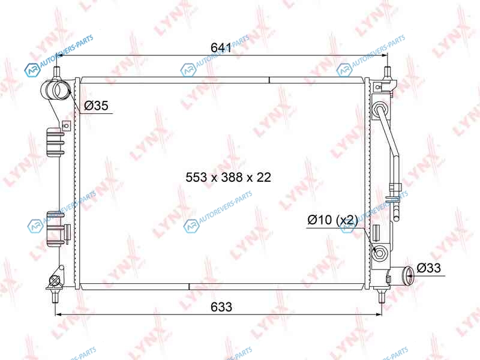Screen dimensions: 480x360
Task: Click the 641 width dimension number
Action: coord(221,47)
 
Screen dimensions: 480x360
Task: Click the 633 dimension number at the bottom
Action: coord(221,307)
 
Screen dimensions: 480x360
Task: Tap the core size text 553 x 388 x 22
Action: coord(229,177)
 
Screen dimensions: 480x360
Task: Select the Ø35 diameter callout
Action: coord(96,106)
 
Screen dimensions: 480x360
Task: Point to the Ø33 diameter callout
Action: coord(428,268)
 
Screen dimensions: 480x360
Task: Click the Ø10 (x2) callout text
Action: coord(332,220)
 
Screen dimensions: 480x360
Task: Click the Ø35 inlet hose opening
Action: coord(62,89)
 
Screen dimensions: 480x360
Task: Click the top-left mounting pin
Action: coord(57,73)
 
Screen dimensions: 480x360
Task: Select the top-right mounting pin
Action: coord(387,73)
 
